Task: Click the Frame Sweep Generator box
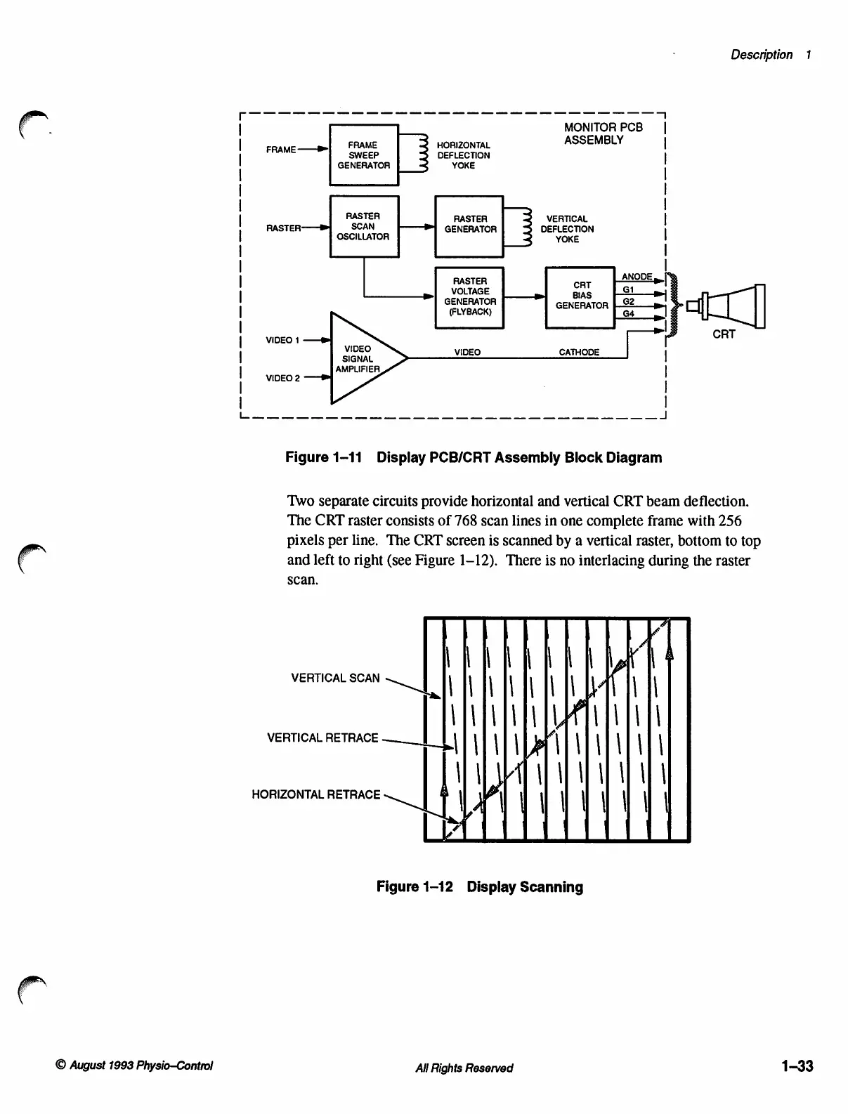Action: [x=364, y=155]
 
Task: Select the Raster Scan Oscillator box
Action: [x=364, y=226]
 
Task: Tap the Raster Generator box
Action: [x=470, y=225]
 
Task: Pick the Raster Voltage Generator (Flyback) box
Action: [x=470, y=296]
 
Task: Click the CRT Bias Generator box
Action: [x=581, y=296]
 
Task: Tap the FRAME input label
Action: [x=280, y=150]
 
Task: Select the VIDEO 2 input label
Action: [x=282, y=378]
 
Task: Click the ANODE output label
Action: [x=637, y=277]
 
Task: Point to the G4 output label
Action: [x=629, y=313]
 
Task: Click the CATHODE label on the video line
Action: [x=579, y=352]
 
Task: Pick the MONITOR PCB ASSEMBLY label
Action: [x=603, y=133]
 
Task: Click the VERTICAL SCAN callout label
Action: [x=335, y=678]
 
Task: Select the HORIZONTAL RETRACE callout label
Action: [x=315, y=794]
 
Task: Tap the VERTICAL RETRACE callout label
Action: [x=322, y=738]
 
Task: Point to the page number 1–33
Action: [x=796, y=1066]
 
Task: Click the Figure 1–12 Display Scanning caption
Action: [x=479, y=886]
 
